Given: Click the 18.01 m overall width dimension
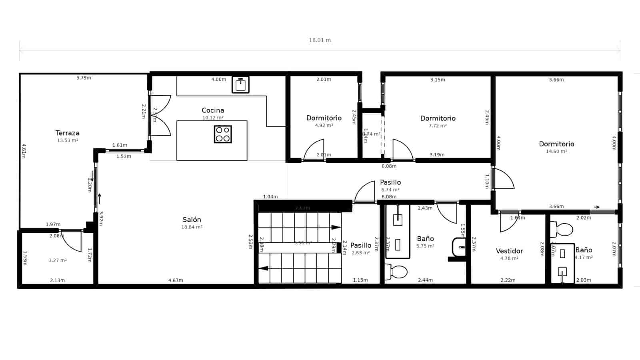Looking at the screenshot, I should (320, 40).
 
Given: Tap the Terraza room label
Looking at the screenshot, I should (67, 133).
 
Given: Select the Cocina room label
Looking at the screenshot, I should (213, 110).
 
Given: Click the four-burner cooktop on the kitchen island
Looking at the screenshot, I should (223, 134).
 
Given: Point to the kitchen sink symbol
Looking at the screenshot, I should (240, 85).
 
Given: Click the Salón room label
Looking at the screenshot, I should (192, 220).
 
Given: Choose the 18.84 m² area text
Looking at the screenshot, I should (192, 227).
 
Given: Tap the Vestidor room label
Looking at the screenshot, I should (509, 251).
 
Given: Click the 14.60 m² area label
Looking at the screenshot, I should (556, 152).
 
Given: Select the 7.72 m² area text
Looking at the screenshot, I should (438, 126).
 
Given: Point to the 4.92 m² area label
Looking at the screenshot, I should (324, 126).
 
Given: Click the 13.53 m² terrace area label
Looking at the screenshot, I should (67, 141).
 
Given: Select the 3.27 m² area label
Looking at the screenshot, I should (58, 260).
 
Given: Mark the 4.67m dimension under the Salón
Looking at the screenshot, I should (176, 280).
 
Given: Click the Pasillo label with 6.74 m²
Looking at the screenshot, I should (390, 182).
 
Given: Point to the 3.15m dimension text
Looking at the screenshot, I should (438, 80).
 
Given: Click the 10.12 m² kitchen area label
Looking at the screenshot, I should (213, 118).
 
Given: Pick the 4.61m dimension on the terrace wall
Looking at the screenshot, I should (24, 151).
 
